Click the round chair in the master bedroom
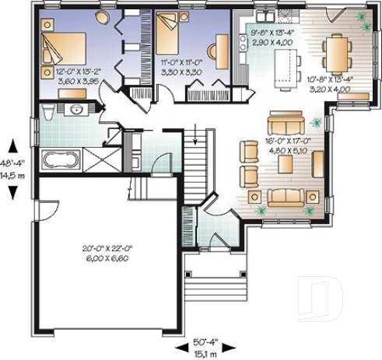[x=103, y=16]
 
